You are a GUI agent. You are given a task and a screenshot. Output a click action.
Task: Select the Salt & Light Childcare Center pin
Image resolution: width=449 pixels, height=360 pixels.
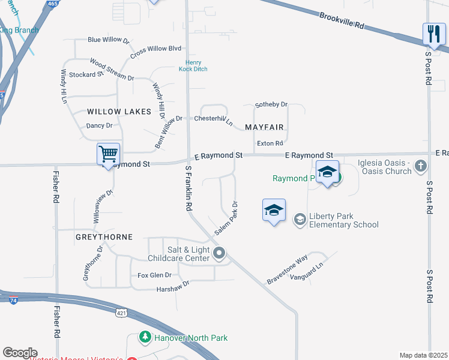point(219,253)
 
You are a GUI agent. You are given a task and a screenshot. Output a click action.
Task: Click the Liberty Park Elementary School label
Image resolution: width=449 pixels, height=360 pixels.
point(343,220)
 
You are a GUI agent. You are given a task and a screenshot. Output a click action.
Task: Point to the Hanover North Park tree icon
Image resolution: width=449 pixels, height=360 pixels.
point(144,338)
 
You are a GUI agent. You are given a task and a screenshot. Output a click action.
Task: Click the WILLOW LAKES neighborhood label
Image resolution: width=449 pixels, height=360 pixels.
point(116,112)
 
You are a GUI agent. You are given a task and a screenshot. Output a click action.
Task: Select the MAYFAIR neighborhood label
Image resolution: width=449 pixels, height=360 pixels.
point(264,127)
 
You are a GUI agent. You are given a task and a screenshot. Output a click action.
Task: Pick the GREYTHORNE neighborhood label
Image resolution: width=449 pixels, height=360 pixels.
point(104,237)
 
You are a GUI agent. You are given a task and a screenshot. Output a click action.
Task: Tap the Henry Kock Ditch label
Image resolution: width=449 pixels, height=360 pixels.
point(193,66)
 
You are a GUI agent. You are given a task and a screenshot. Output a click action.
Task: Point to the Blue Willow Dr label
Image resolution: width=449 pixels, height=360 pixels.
point(109,40)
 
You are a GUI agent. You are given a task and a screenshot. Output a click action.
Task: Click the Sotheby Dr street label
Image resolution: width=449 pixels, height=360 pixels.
point(272,104)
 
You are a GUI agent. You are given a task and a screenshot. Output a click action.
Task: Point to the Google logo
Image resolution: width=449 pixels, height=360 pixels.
point(20,352)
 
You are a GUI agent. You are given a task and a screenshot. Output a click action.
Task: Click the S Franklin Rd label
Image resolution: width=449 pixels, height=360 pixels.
point(188,187)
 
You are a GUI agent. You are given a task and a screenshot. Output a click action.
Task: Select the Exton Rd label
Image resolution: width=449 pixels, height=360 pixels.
point(270,143)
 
